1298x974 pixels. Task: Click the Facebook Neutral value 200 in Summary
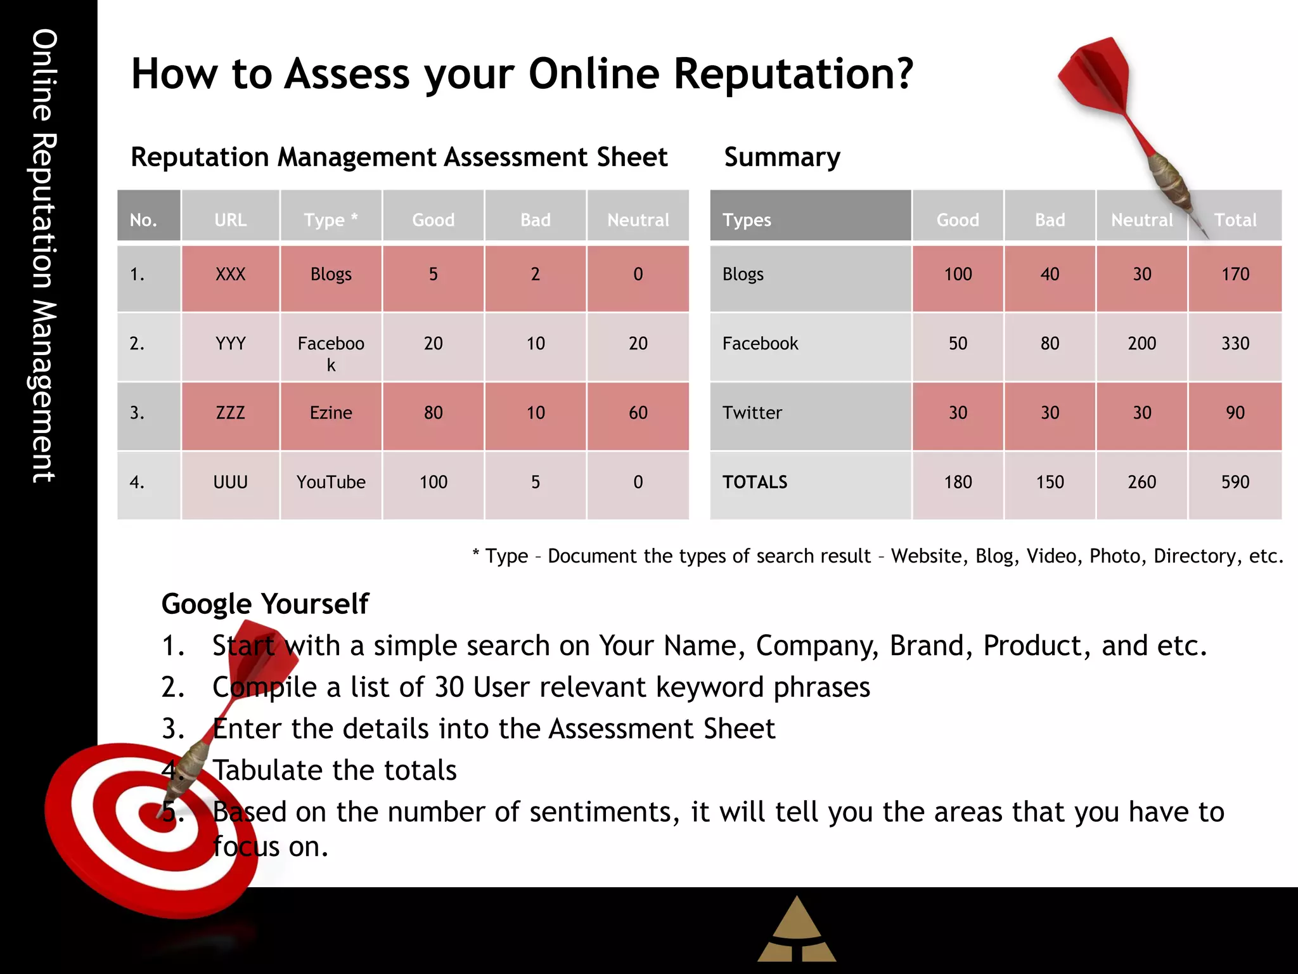coord(1141,343)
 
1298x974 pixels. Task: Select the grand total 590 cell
coord(1235,482)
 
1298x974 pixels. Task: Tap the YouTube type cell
coord(331,482)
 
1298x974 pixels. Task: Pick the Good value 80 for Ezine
coord(433,413)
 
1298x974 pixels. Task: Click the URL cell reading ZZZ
coord(230,413)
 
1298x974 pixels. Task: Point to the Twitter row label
coord(752,413)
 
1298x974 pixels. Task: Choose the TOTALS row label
coord(755,482)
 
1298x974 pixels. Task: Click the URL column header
coord(230,220)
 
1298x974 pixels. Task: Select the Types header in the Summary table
coord(747,220)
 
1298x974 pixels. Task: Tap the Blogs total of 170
coord(1235,274)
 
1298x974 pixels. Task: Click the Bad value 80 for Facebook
coord(1050,343)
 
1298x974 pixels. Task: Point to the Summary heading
coord(782,157)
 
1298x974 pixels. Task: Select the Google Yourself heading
coord(265,604)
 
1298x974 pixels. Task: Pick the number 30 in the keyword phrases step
coord(449,687)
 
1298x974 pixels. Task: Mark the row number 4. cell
coord(137,482)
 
